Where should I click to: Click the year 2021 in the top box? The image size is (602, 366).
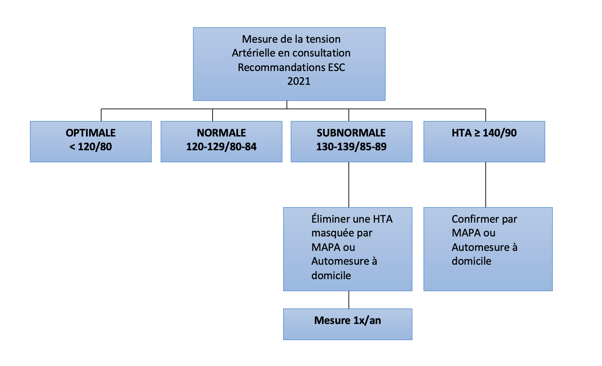pyautogui.click(x=299, y=81)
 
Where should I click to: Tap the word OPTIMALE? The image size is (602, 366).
pyautogui.click(x=91, y=133)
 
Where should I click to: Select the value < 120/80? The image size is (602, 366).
pyautogui.click(x=91, y=147)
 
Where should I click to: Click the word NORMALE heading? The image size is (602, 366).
pyautogui.click(x=221, y=133)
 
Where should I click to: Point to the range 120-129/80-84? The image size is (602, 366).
pyautogui.click(x=221, y=147)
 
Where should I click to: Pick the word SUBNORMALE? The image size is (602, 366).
pyautogui.click(x=351, y=133)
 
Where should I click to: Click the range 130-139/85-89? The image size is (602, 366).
pyautogui.click(x=351, y=147)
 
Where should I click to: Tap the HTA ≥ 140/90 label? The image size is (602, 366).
pyautogui.click(x=484, y=133)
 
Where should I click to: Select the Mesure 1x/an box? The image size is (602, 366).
pyautogui.click(x=348, y=324)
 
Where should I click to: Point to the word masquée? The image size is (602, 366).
pyautogui.click(x=333, y=233)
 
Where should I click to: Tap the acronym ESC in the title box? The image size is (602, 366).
pyautogui.click(x=336, y=67)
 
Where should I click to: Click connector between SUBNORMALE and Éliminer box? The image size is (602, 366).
pyautogui.click(x=349, y=185)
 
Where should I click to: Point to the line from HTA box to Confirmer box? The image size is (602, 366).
pyautogui.click(x=486, y=185)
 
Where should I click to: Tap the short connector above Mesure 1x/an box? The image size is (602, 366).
pyautogui.click(x=349, y=300)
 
